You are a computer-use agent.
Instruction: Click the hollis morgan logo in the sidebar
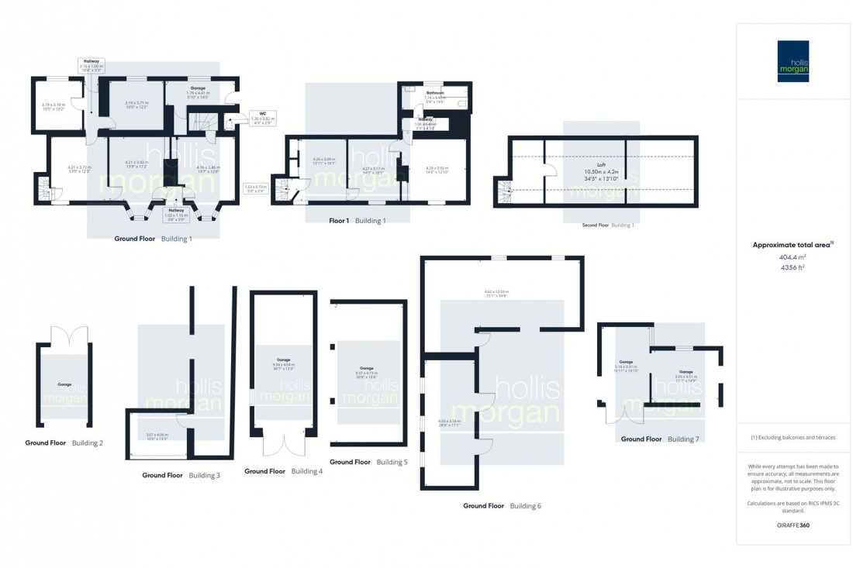[x=793, y=61]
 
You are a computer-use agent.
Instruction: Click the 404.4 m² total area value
[x=793, y=256]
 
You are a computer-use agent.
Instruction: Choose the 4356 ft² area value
[x=793, y=267]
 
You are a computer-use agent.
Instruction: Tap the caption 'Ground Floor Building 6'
[x=502, y=506]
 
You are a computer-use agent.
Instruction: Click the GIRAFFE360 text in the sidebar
[x=793, y=525]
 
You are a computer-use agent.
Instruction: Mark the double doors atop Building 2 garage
[x=64, y=336]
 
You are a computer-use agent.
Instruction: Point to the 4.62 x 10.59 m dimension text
[x=496, y=292]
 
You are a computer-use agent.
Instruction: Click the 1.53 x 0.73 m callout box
[x=255, y=187]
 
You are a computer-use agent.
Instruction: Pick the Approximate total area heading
[x=793, y=245]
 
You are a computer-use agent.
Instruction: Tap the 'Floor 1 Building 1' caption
[x=357, y=221]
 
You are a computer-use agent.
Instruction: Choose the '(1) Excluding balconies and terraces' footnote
[x=793, y=437]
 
